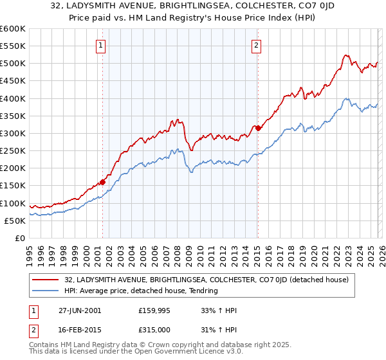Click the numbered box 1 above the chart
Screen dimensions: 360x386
pyautogui.click(x=102, y=45)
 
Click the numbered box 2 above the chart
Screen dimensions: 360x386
pyautogui.click(x=257, y=45)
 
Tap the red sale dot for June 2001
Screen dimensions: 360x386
pyautogui.click(x=102, y=183)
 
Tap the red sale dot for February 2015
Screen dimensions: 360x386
pyautogui.click(x=258, y=128)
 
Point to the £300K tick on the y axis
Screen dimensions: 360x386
pyautogui.click(x=13, y=133)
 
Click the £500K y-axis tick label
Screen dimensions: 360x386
pyautogui.click(x=13, y=64)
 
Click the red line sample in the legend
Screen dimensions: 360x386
pyautogui.click(x=46, y=280)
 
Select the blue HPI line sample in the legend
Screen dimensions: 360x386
pyautogui.click(x=46, y=291)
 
